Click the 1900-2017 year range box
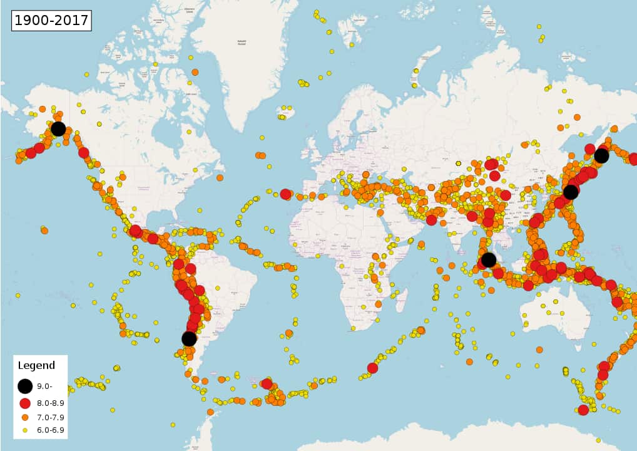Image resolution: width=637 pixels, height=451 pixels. click(x=52, y=20)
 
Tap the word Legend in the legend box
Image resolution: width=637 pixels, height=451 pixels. click(x=36, y=366)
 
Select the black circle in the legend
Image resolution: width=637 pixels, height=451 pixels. click(x=25, y=386)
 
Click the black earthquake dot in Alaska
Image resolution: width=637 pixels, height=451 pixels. click(x=58, y=129)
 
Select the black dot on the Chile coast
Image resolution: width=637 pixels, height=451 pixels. click(x=189, y=338)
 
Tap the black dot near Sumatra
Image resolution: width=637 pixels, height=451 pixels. click(x=489, y=259)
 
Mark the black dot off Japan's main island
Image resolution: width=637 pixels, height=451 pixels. click(x=571, y=192)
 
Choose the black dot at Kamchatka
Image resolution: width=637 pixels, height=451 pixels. click(x=601, y=155)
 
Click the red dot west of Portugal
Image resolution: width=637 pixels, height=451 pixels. click(x=285, y=194)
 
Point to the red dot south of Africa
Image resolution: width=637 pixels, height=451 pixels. click(x=372, y=368)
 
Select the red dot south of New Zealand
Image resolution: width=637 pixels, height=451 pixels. click(x=583, y=410)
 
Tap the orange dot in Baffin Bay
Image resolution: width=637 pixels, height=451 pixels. click(x=195, y=72)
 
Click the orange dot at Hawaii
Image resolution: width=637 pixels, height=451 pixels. click(x=44, y=231)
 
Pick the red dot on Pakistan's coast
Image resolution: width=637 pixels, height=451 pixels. click(x=431, y=220)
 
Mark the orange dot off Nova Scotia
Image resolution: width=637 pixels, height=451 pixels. click(x=220, y=178)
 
